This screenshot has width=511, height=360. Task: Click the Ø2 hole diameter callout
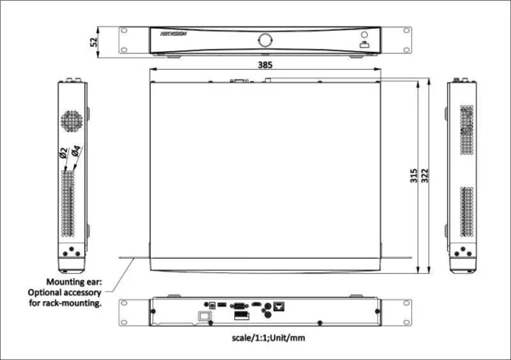pyautogui.click(x=64, y=154)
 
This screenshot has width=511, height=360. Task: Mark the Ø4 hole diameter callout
pyautogui.click(x=75, y=154)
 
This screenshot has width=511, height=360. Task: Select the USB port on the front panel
pyautogui.click(x=364, y=45)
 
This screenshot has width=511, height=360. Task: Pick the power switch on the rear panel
pyautogui.click(x=204, y=317)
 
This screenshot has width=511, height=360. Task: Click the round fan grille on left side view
pyautogui.click(x=72, y=121)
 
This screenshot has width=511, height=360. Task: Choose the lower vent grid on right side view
pyautogui.click(x=466, y=210)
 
